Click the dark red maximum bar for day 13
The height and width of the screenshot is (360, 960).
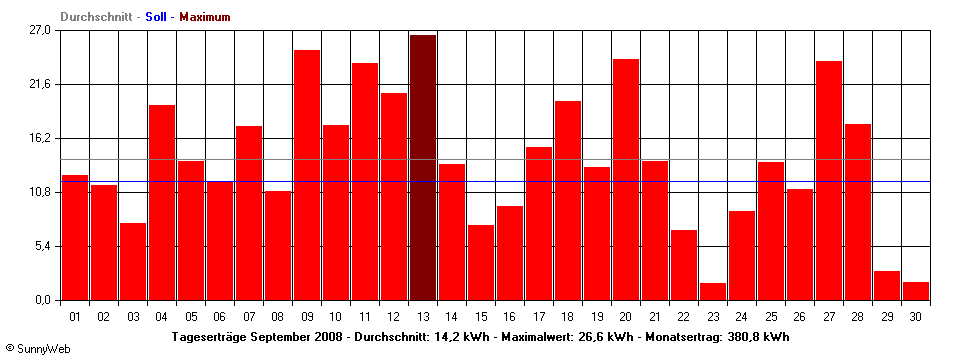pyautogui.click(x=423, y=167)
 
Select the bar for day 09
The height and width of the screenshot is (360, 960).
pyautogui.click(x=307, y=175)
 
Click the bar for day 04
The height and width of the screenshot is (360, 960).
pyautogui.click(x=162, y=202)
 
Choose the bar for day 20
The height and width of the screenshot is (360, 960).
pyautogui.click(x=626, y=179)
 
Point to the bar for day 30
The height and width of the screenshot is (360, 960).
pyautogui.click(x=916, y=291)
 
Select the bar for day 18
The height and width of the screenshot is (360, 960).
pyautogui.click(x=568, y=200)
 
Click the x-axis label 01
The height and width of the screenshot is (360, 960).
pyautogui.click(x=75, y=317)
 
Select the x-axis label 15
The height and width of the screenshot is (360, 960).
pyautogui.click(x=481, y=317)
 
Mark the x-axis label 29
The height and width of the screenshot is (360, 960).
pyautogui.click(x=887, y=317)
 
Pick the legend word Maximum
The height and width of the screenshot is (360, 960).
pyautogui.click(x=205, y=17)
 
